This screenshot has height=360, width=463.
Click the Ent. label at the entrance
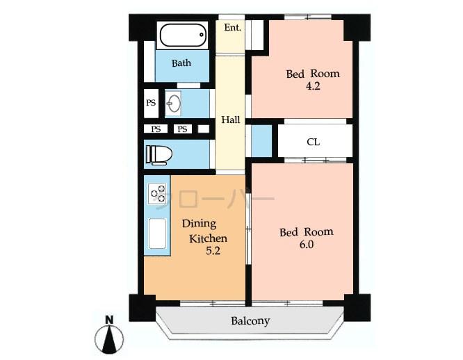point(232,28)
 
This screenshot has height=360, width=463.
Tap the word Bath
point(181,63)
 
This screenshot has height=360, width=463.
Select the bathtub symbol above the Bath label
point(182,35)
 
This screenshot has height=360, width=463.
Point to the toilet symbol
point(159,154)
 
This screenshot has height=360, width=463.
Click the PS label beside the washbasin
point(151,104)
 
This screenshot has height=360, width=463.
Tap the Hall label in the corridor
point(230,120)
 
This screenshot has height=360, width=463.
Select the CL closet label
point(313,142)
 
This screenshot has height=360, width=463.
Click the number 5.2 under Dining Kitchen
point(213,252)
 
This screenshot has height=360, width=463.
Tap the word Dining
point(199,224)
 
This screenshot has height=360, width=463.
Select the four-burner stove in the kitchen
point(157,193)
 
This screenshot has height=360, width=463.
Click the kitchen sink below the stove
point(157,234)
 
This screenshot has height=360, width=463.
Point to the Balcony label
point(250,321)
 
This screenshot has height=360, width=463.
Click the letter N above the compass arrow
point(109,320)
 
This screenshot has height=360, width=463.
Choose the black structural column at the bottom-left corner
point(142,307)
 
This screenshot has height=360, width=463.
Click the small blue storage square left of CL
point(261,141)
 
